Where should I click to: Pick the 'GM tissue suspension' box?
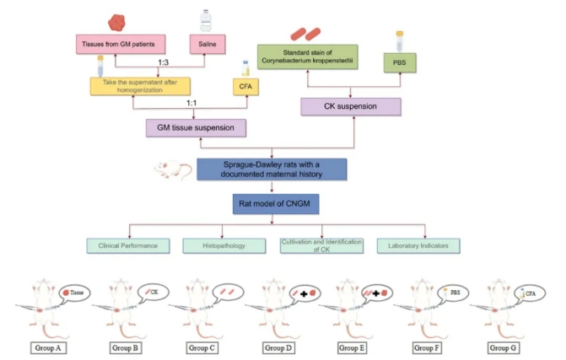coord(197,127)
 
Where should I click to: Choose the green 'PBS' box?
coord(398,62)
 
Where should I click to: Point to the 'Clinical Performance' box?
coord(128,244)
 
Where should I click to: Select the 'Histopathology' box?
coord(224,244)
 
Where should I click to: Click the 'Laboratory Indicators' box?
coord(413,244)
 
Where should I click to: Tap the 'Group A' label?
coord(51,347)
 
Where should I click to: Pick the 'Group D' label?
coord(279,347)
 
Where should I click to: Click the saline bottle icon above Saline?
coord(206,20)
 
